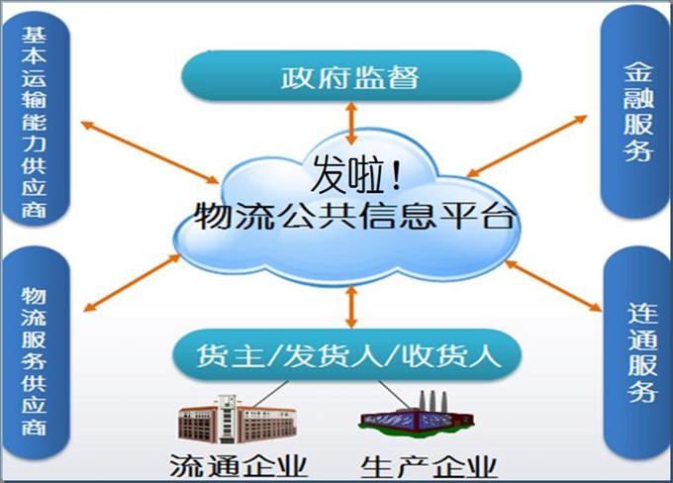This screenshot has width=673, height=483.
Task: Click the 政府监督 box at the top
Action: pyautogui.click(x=351, y=76)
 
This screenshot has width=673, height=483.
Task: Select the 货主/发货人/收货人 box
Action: pyautogui.click(x=347, y=355)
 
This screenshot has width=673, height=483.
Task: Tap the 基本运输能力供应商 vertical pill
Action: pyautogui.click(x=36, y=119)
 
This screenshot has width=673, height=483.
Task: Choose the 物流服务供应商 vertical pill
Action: pyautogui.click(x=36, y=353)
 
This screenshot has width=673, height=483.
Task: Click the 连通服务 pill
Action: pyautogui.click(x=638, y=353)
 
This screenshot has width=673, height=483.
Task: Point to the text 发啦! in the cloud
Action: pyautogui.click(x=356, y=174)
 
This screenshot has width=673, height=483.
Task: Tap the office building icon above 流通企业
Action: pyautogui.click(x=238, y=419)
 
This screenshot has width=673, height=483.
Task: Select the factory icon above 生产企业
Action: pyautogui.click(x=416, y=415)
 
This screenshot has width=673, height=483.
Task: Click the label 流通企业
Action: pyautogui.click(x=239, y=466)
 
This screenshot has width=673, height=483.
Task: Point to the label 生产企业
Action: pyautogui.click(x=429, y=467)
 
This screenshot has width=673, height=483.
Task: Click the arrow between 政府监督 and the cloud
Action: pyautogui.click(x=351, y=123)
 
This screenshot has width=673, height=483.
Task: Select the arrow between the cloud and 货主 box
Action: pyautogui.click(x=351, y=308)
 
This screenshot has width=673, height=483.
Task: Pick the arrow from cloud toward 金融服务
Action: pyautogui.click(x=527, y=145)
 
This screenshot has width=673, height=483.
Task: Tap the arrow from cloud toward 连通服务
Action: pyautogui.click(x=553, y=285)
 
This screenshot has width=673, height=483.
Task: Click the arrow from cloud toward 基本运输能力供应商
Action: pyautogui.click(x=149, y=152)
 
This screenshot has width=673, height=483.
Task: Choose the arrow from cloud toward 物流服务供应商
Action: pyautogui.click(x=133, y=282)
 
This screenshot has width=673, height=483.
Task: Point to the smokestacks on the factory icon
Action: pyautogui.click(x=433, y=402)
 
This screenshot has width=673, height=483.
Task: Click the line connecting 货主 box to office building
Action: pyautogui.click(x=271, y=394)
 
